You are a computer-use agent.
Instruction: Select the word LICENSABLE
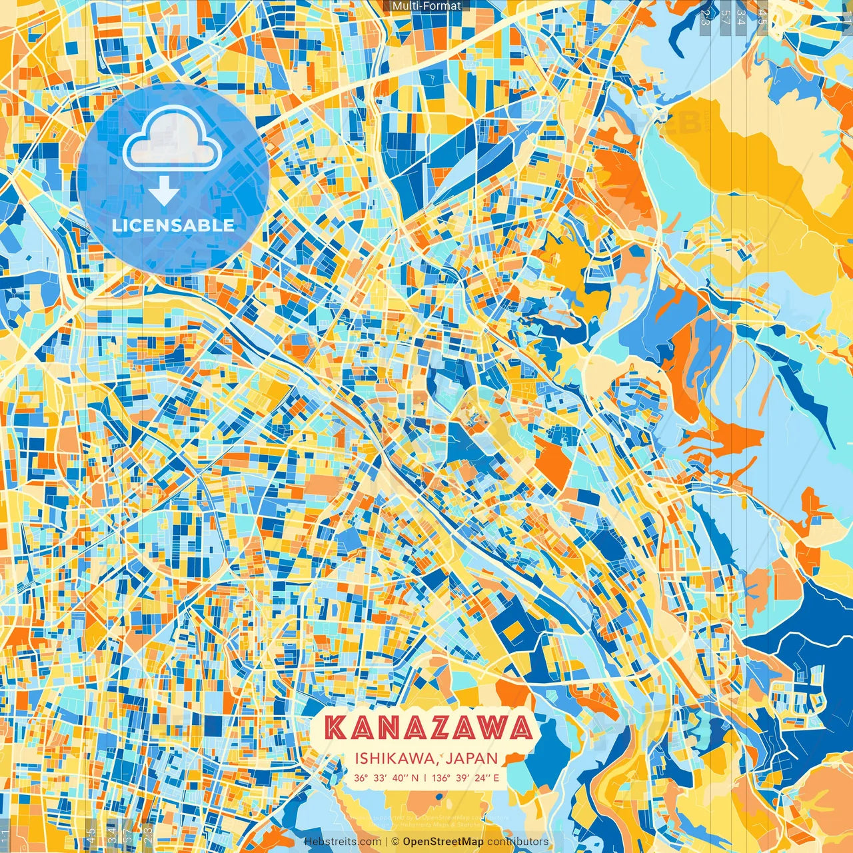click(x=173, y=225)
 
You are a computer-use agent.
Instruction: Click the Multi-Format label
click(x=426, y=6)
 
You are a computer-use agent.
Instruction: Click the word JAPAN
click(x=472, y=758)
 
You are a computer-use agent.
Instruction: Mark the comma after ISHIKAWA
click(x=441, y=762)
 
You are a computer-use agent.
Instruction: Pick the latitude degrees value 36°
click(x=361, y=778)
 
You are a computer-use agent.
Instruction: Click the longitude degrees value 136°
click(x=440, y=778)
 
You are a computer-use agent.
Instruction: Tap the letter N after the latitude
click(x=415, y=778)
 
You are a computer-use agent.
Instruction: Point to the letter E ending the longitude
click(x=495, y=778)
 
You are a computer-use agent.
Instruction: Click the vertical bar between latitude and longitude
click(x=425, y=778)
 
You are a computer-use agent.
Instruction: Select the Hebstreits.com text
click(x=343, y=842)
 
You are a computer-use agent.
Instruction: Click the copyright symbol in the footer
click(x=395, y=842)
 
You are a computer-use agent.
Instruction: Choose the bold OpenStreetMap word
click(x=443, y=842)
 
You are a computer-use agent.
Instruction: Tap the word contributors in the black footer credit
click(x=518, y=842)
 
